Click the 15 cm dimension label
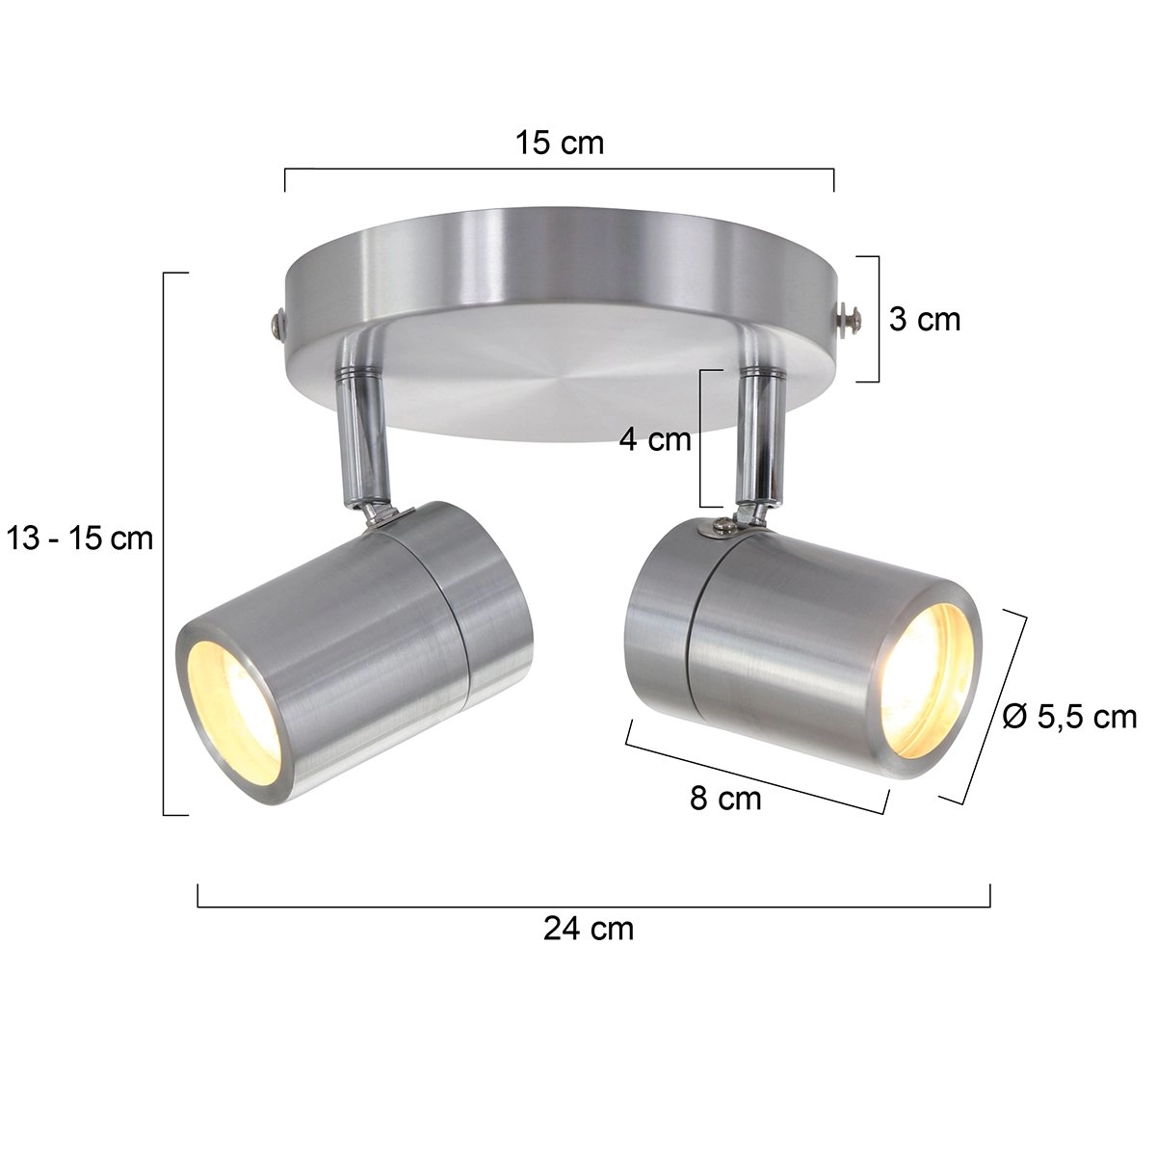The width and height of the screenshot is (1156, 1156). (x=559, y=144)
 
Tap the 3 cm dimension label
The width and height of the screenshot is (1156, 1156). (x=924, y=319)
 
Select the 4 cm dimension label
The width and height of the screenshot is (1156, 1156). (x=655, y=440)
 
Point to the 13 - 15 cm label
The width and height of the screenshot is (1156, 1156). (x=80, y=538)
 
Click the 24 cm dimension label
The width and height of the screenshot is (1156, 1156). (x=589, y=929)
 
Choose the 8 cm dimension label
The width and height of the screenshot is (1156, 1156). (x=725, y=799)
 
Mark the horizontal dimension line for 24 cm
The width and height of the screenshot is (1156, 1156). (x=593, y=906)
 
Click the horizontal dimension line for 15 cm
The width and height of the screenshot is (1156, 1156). (x=559, y=170)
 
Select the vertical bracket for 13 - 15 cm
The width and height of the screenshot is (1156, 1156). (x=165, y=544)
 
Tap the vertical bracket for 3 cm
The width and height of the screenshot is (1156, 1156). (x=878, y=319)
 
